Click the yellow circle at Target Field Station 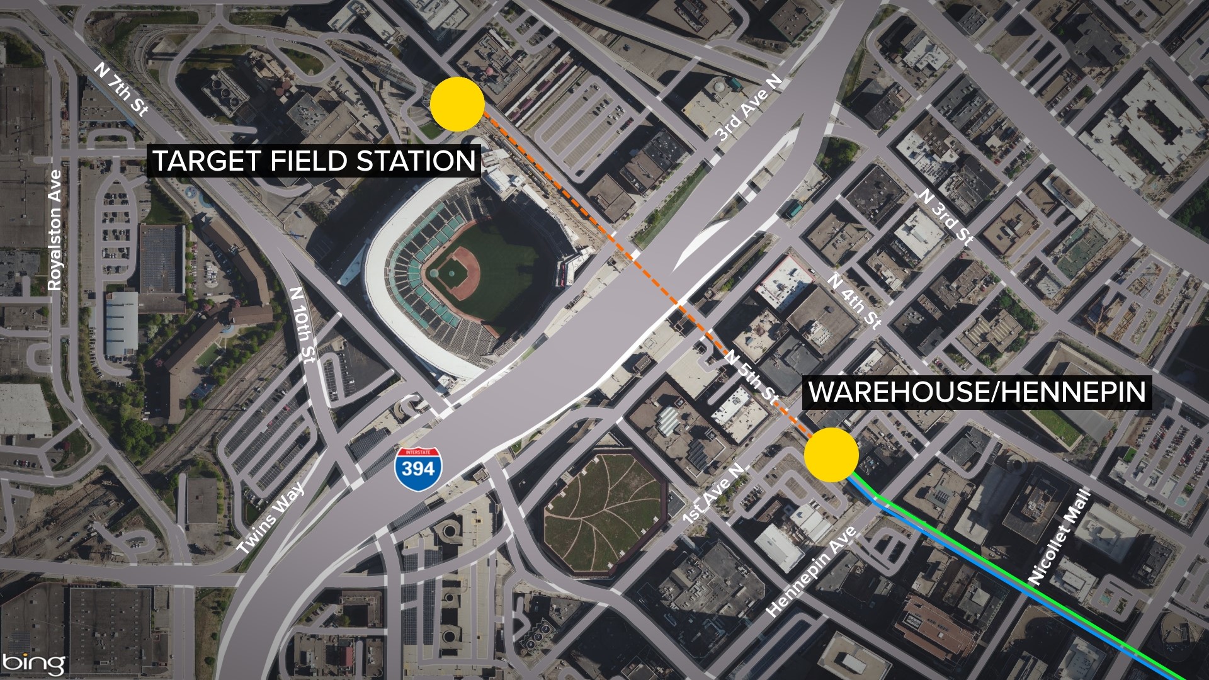(x=458, y=104)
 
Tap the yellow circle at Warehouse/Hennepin (x=831, y=455)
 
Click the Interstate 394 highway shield (x=419, y=466)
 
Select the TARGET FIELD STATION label (x=314, y=161)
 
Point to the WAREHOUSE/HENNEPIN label (x=977, y=392)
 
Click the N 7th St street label (x=122, y=89)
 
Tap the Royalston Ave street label (x=55, y=230)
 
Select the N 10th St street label (x=301, y=325)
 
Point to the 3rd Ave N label (x=749, y=108)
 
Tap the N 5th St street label (x=751, y=377)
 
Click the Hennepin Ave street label (x=812, y=570)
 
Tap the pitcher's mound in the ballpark (x=452, y=273)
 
